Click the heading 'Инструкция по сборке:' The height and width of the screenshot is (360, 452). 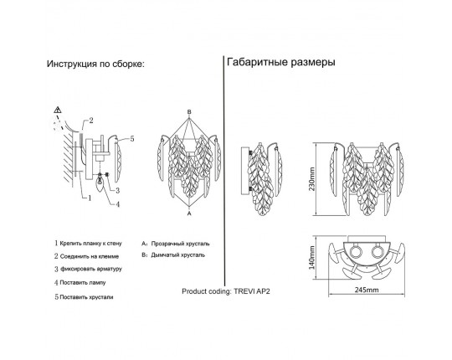pos(95,64)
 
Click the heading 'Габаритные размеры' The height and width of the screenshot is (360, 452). pos(281,62)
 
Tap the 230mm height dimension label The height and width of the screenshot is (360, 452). pos(312,179)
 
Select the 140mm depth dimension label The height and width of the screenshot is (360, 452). pos(312,257)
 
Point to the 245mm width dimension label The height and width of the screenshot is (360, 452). pos(367,290)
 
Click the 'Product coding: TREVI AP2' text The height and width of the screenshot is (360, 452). pos(226,291)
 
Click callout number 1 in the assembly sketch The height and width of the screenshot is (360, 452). pos(90,198)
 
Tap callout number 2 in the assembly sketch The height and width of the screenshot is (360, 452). pos(91,121)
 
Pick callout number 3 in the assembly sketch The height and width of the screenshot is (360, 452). pos(118,190)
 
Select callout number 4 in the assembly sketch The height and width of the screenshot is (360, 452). pos(118,204)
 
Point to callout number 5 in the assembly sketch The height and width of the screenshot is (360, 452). pos(132,139)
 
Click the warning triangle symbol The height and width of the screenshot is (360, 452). pos(58,110)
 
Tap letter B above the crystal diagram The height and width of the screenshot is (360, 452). pos(189,111)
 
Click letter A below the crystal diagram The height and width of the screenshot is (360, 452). pos(189,213)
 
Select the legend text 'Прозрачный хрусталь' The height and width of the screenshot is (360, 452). pos(181,244)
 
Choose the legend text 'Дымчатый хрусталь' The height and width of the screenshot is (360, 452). pos(177,255)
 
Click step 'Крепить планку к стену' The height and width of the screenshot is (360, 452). pos(90,244)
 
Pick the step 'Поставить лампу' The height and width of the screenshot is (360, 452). pos(83,283)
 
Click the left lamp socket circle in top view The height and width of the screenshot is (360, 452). pos(355,252)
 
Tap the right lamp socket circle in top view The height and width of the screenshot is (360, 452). pos(377,252)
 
